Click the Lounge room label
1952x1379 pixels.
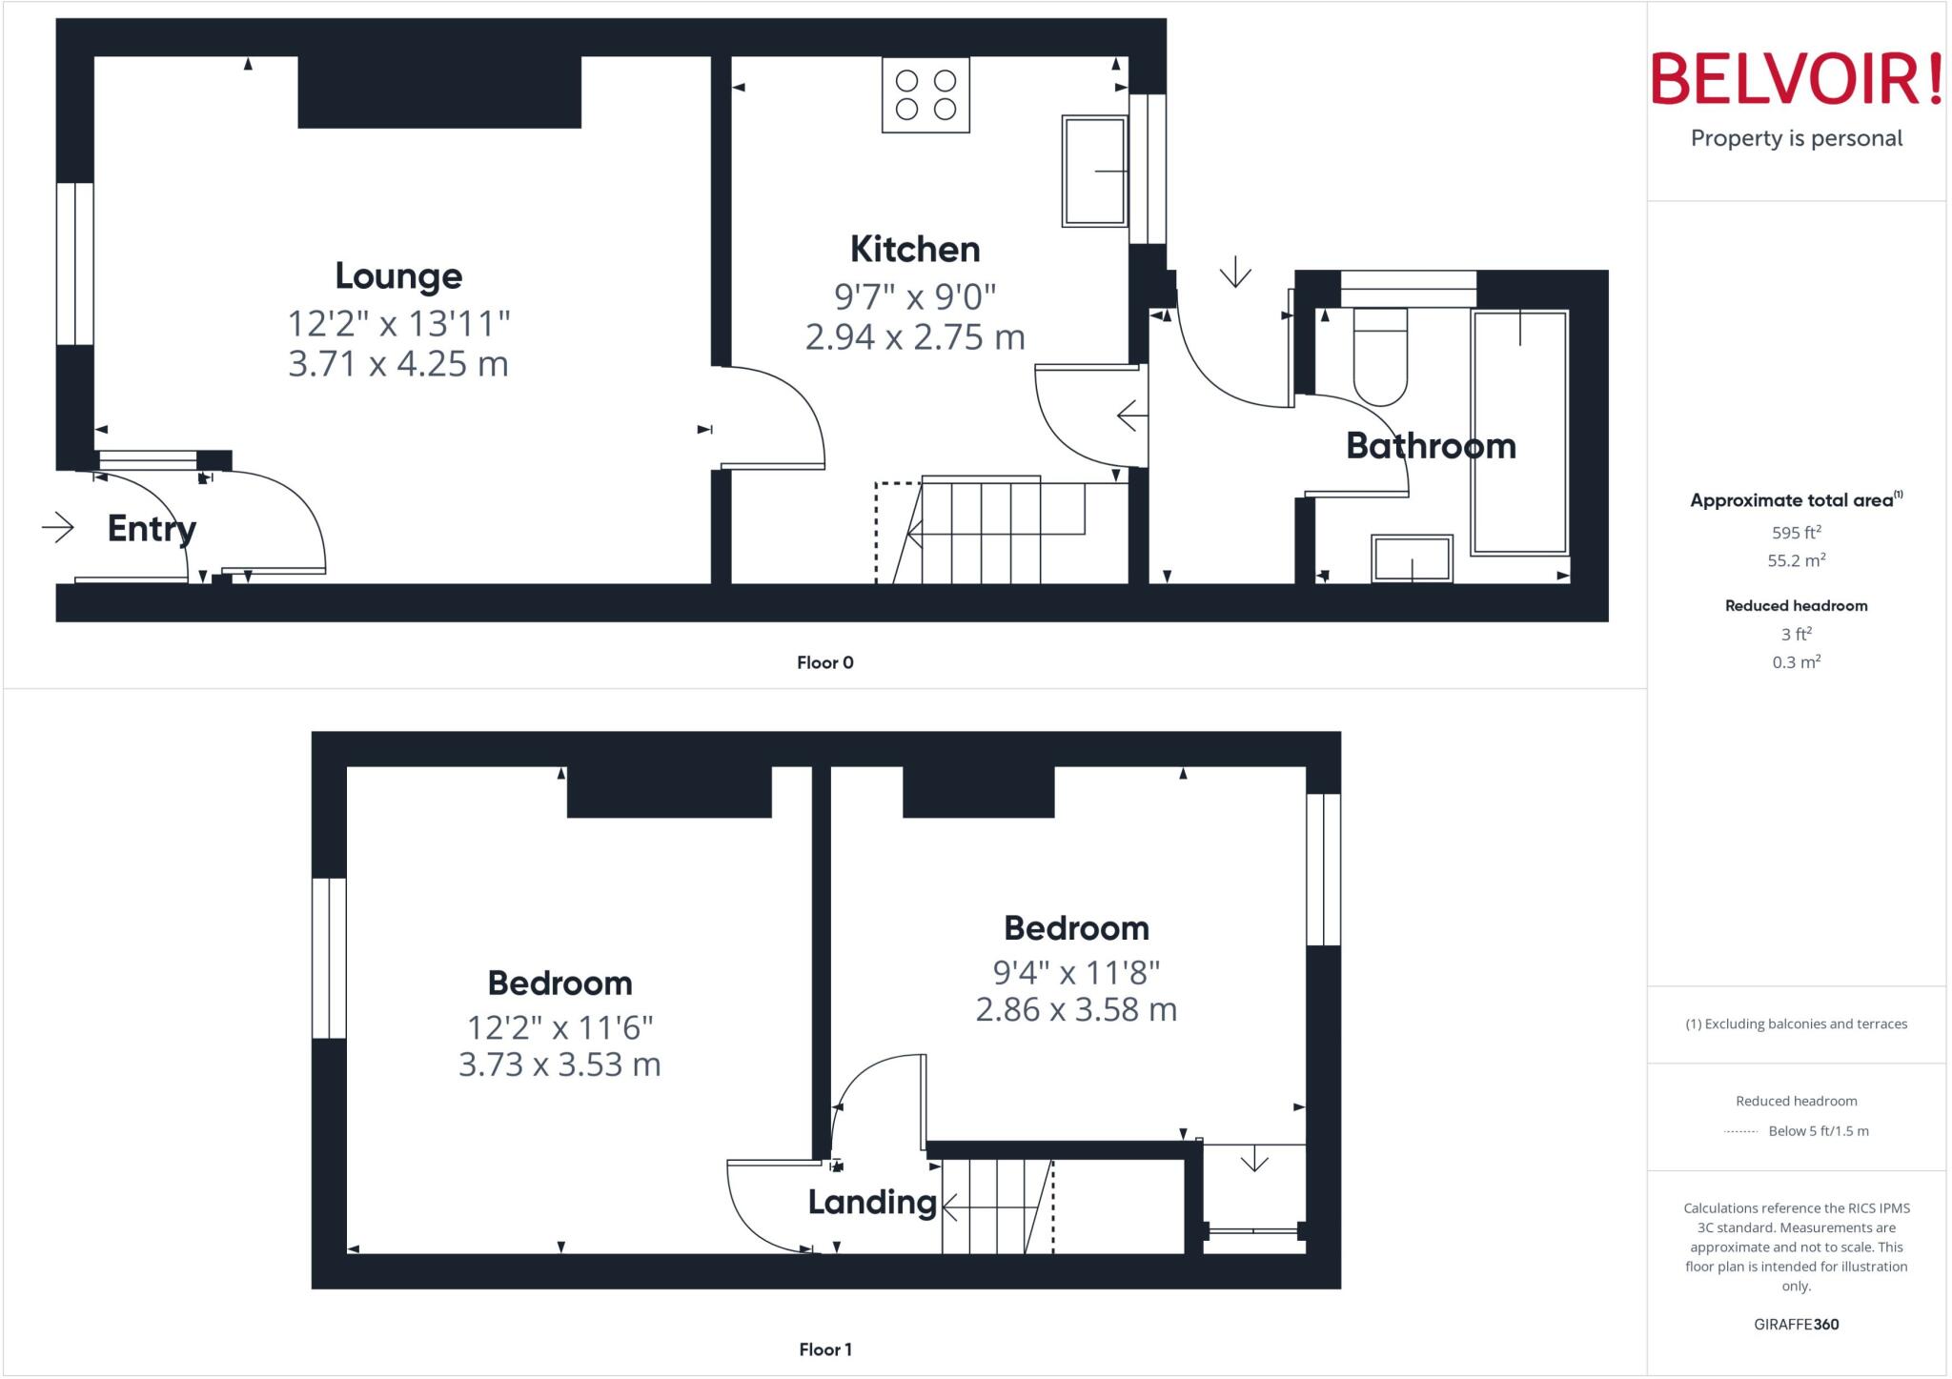(x=398, y=276)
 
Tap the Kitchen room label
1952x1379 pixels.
(x=915, y=250)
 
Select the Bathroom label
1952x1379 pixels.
(x=1431, y=446)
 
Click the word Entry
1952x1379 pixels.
(x=152, y=529)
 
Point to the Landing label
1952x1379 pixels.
(x=872, y=1203)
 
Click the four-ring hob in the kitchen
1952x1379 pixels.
(x=925, y=95)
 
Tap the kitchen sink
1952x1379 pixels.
(x=1095, y=172)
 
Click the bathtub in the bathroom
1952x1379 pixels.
(x=1519, y=432)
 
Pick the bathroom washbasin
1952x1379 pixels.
(x=1412, y=558)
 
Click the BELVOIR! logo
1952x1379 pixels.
(x=1796, y=79)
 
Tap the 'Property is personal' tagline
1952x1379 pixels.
(x=1796, y=139)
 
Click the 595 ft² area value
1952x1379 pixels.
(x=1796, y=533)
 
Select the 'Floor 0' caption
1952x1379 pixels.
(x=825, y=663)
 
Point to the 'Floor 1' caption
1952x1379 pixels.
(x=825, y=1349)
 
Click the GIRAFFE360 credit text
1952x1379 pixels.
(x=1796, y=1325)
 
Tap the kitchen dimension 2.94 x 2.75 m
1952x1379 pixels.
(x=915, y=337)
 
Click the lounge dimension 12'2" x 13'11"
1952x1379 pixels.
(x=398, y=324)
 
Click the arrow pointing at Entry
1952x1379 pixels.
(x=58, y=527)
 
